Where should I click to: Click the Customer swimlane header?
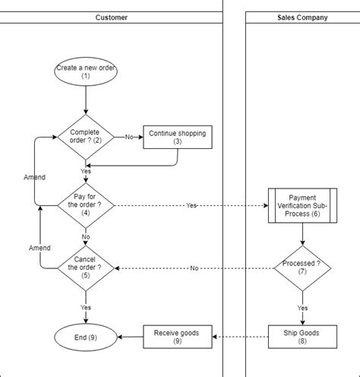tap(111, 17)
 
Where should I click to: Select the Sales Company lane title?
tap(302, 17)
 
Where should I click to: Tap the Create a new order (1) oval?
tap(86, 72)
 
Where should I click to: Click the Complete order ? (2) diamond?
tap(86, 137)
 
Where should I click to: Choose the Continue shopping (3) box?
tap(177, 137)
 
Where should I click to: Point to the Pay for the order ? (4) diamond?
tap(86, 205)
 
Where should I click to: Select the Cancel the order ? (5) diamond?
tap(86, 268)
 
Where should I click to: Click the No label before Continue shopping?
tap(128, 138)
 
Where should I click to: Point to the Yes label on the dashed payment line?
tap(191, 206)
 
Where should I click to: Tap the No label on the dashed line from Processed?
tap(194, 268)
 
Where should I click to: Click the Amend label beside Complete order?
tap(34, 177)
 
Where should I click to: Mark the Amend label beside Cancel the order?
tap(39, 248)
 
